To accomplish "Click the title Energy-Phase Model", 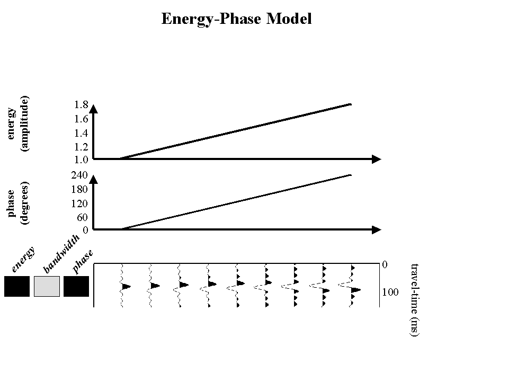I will [236, 20].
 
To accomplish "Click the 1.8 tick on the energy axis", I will [81, 105].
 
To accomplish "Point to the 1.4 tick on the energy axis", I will [81, 132].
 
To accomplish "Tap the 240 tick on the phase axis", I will [79, 175].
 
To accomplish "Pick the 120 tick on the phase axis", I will [79, 203].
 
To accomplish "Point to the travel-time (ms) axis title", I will [415, 299].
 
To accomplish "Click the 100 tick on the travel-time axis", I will [390, 292].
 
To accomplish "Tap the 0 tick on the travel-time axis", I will [385, 264].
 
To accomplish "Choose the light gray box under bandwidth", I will [47, 286].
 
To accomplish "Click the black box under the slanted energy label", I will [17, 286].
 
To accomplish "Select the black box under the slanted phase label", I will [76, 286].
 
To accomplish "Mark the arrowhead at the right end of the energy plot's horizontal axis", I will [377, 158].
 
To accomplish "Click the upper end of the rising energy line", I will [350, 104].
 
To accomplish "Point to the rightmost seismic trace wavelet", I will [353, 286].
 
